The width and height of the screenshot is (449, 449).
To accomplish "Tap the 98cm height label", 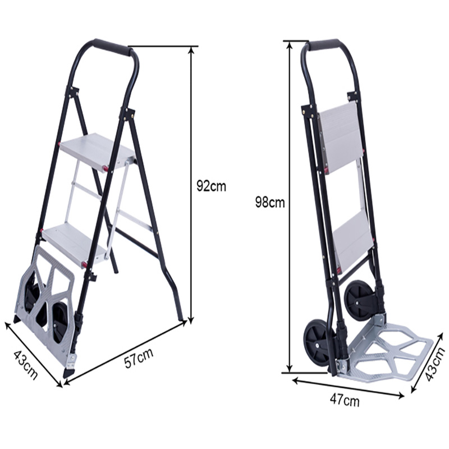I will click(x=269, y=203).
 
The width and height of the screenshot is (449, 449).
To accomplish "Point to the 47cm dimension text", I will click(x=344, y=401).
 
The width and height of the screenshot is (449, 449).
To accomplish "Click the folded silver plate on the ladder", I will click(x=48, y=303).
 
